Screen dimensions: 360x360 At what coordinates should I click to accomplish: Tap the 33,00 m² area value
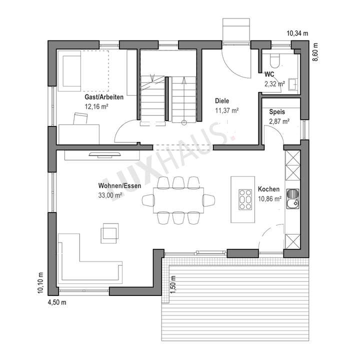point(110,195)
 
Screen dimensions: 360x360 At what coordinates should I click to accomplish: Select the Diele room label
point(222,100)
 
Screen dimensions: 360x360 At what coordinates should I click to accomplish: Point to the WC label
point(269,75)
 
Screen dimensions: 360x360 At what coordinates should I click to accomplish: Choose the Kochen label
point(268,189)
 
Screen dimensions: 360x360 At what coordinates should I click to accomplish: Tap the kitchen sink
point(292,197)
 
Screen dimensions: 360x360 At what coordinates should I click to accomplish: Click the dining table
point(178,200)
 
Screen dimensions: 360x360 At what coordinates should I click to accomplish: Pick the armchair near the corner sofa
point(109,233)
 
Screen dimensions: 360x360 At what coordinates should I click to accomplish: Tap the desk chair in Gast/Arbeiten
point(80,118)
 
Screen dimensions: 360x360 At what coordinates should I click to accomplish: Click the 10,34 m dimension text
point(297,33)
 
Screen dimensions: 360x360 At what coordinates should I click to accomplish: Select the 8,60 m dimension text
point(315,52)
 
